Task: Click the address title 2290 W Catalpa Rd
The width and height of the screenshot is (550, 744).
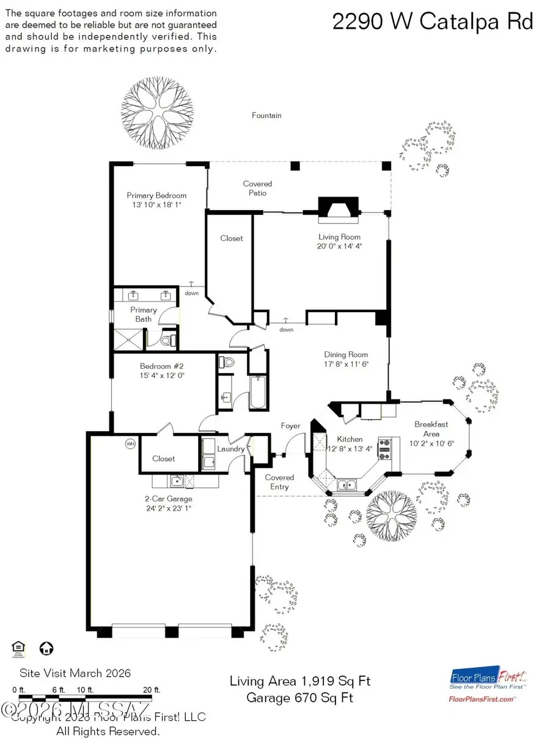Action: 433,22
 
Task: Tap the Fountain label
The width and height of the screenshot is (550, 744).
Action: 266,115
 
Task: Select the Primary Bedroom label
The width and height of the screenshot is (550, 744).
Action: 156,195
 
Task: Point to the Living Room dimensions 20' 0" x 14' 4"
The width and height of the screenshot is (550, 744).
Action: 339,247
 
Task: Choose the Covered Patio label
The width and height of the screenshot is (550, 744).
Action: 257,188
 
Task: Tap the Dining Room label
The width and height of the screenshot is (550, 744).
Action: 345,354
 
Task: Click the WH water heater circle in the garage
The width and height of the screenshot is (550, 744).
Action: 130,443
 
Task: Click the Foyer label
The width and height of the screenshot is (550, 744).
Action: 290,426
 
